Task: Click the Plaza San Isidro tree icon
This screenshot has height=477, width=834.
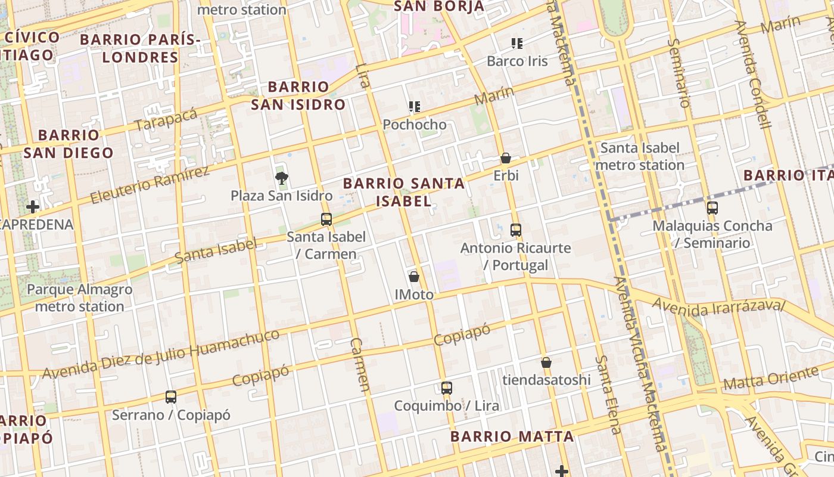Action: tap(281, 178)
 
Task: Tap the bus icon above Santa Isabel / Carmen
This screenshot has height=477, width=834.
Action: tap(326, 219)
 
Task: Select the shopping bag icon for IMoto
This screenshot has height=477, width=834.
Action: tap(414, 277)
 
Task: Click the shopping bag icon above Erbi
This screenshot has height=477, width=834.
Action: tap(506, 158)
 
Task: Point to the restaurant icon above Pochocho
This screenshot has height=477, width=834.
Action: tap(415, 107)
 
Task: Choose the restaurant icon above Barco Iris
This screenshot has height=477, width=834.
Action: tap(516, 43)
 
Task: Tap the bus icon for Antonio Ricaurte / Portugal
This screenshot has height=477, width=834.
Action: tap(516, 230)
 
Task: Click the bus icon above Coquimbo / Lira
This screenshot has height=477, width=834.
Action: tap(447, 388)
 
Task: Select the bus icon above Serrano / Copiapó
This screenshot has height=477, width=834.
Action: tap(171, 397)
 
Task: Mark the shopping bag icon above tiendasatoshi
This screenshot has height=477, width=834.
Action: tap(546, 363)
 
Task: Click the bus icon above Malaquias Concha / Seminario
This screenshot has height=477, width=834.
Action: tap(712, 208)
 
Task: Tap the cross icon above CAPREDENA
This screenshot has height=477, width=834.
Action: tap(33, 207)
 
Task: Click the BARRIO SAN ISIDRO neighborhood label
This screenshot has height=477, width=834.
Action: tap(298, 95)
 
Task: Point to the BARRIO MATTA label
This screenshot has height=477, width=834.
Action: tap(512, 436)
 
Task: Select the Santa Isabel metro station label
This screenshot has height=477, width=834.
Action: tap(640, 156)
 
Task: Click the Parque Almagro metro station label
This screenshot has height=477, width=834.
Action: tap(79, 298)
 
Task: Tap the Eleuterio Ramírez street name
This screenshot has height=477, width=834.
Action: tap(150, 185)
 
